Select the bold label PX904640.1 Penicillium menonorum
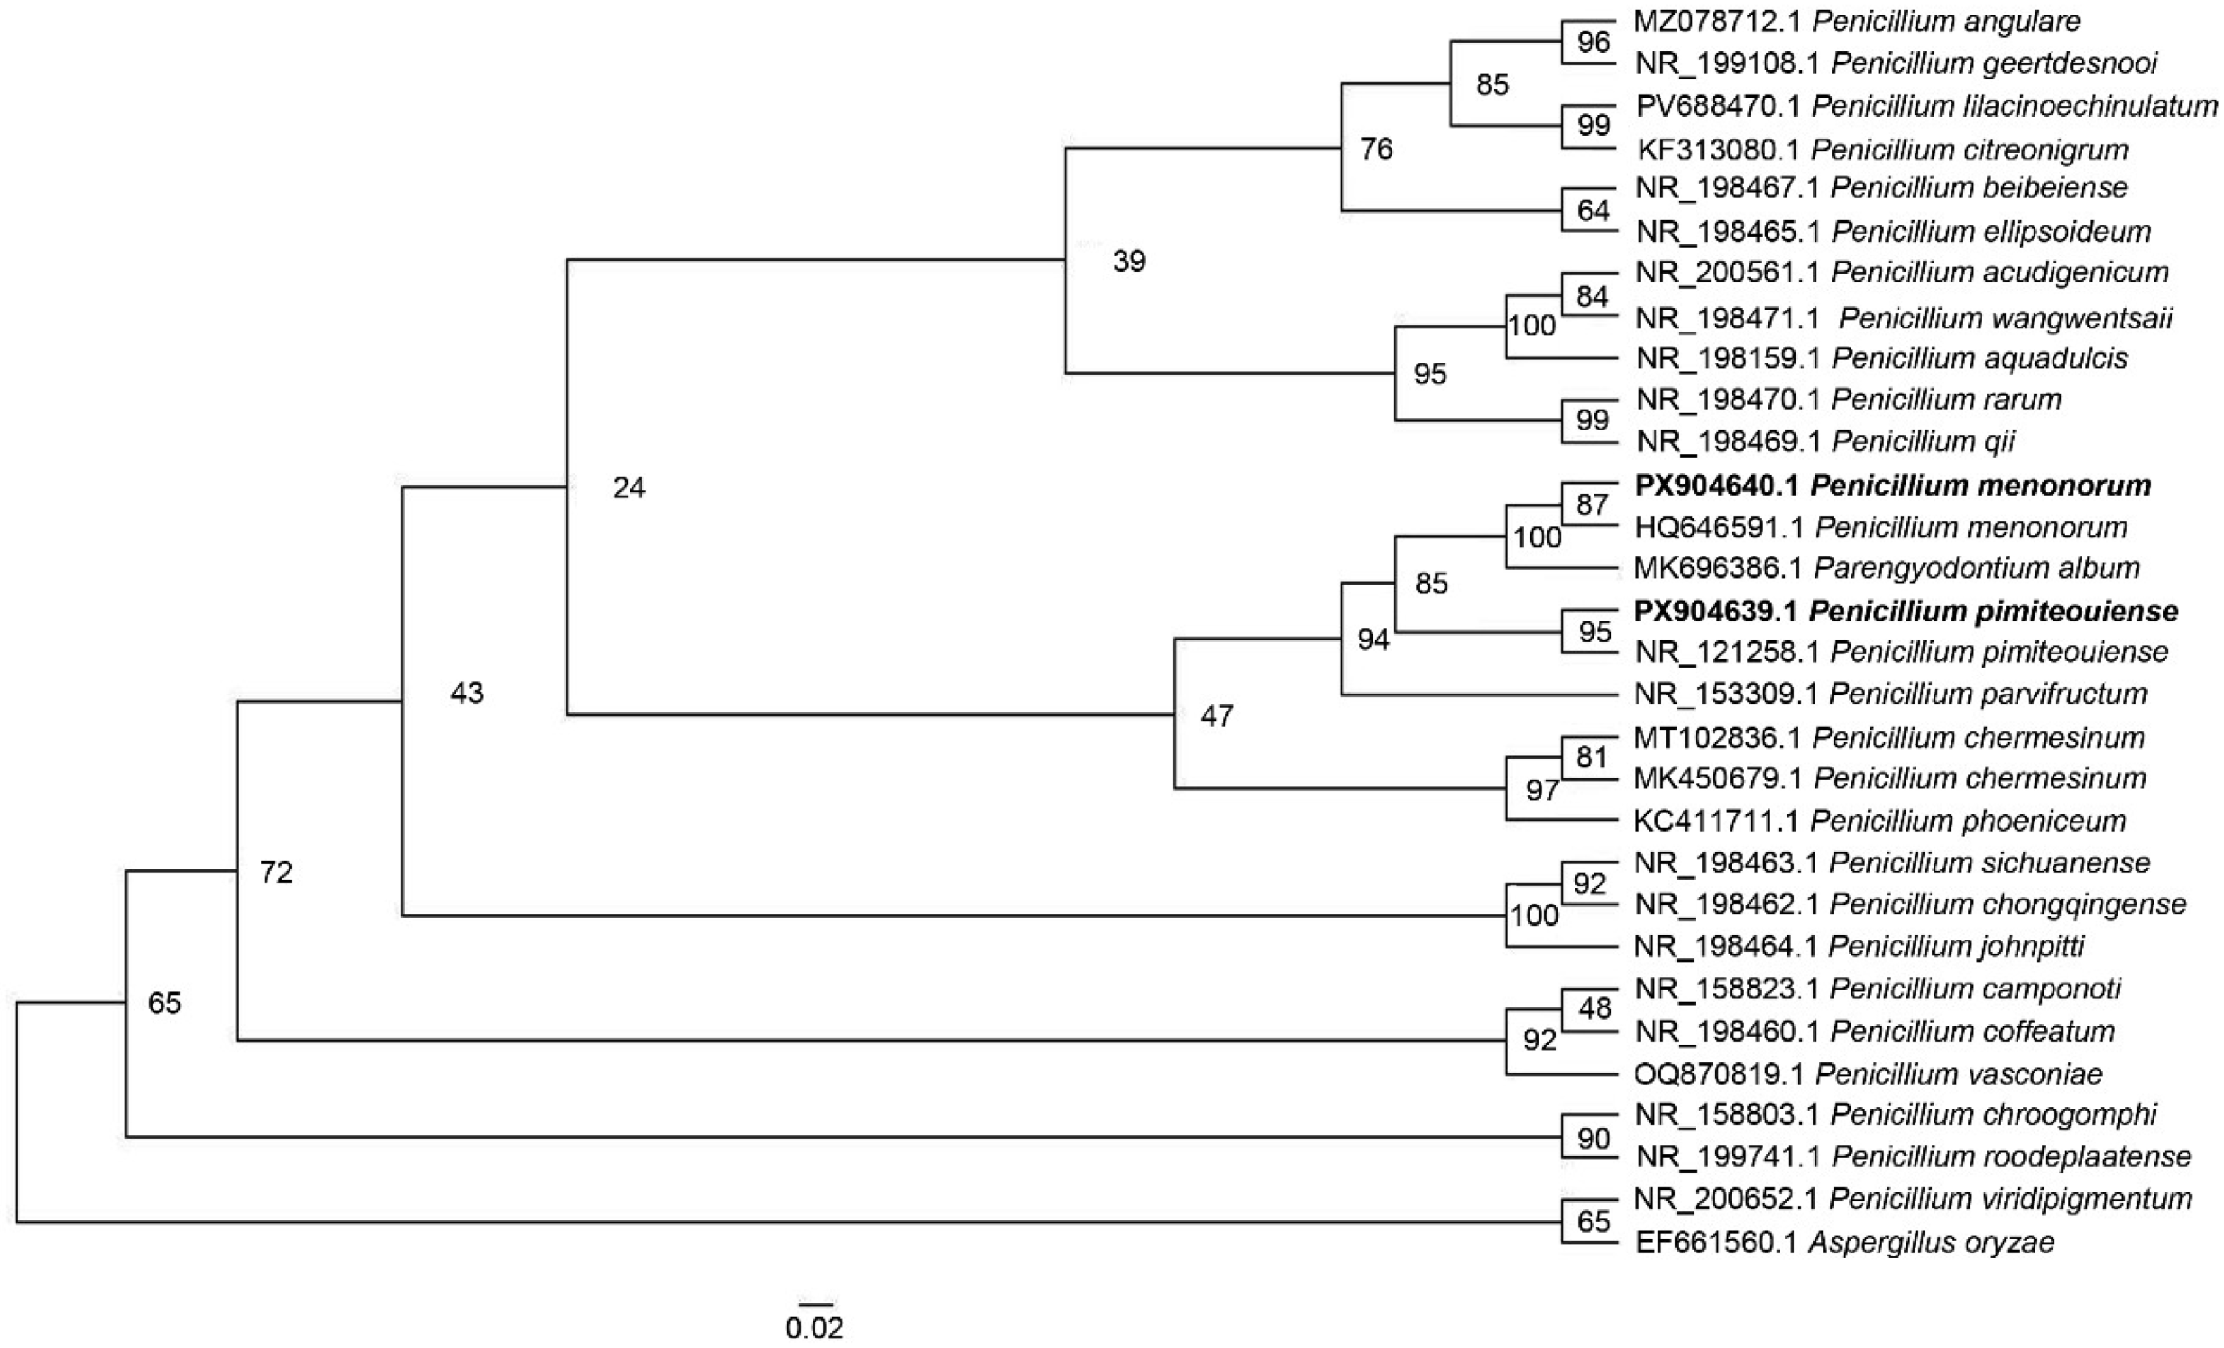1892,486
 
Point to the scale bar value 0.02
814,1328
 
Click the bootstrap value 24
629,488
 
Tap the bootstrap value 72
276,872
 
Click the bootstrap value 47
1216,716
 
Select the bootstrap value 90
1593,1139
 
